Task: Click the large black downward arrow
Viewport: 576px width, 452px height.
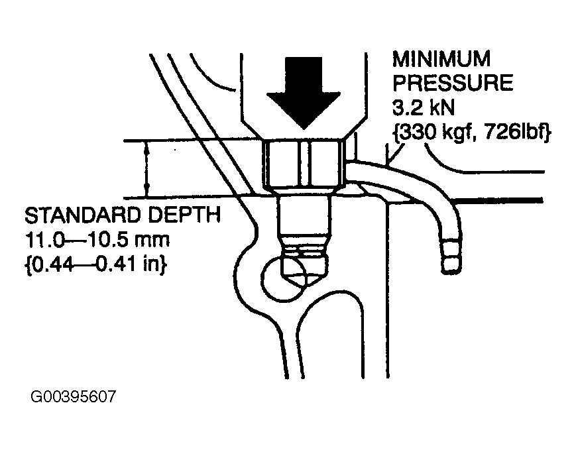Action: (x=304, y=92)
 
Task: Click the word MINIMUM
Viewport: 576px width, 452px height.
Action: (x=441, y=59)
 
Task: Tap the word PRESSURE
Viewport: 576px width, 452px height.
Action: (x=453, y=83)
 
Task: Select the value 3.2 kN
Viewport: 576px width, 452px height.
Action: (x=424, y=107)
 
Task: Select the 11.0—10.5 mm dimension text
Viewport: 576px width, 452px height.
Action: (x=97, y=240)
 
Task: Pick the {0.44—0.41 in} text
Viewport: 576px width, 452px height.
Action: (x=95, y=264)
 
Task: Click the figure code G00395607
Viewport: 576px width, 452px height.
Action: (x=73, y=396)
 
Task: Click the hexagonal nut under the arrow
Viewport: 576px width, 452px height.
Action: (x=304, y=164)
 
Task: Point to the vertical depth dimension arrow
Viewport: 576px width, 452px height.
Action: (x=147, y=169)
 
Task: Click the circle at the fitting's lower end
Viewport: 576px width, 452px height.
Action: (x=284, y=279)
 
